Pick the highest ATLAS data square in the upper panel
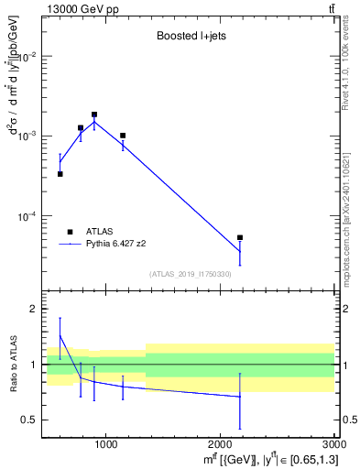[94, 115]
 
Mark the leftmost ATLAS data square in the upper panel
[60, 174]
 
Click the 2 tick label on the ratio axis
[31, 310]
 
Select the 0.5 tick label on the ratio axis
[27, 420]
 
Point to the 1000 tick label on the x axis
[105, 445]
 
